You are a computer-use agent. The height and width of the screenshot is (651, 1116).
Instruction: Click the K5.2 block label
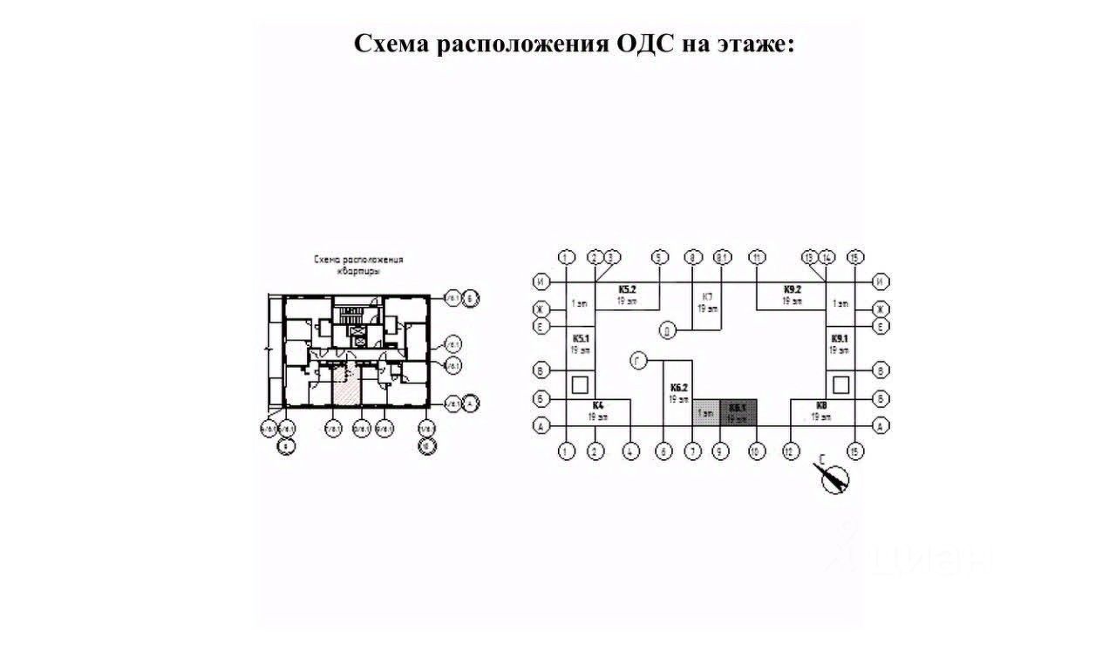pos(628,288)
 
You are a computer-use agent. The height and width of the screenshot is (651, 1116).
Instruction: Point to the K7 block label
pos(707,296)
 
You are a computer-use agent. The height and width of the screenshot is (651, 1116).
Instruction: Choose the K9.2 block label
pos(792,288)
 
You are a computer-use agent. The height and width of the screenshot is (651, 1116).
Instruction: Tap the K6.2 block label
pos(679,387)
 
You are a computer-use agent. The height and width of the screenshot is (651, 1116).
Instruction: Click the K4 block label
pos(597,405)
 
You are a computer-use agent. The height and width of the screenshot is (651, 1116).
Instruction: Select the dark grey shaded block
pos(738,412)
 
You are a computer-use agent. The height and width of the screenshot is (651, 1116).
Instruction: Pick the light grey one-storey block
pos(706,412)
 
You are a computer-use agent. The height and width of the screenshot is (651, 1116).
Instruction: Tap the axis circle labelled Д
pos(667,330)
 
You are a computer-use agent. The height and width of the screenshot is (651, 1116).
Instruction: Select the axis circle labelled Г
pos(638,359)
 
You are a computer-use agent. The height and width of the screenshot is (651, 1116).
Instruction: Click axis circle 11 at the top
pos(757,257)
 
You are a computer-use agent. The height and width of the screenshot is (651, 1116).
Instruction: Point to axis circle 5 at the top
pos(659,257)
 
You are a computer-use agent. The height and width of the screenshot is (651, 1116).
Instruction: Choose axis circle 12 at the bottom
pos(790,451)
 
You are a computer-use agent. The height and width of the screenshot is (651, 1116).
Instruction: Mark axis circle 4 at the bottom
pos(629,451)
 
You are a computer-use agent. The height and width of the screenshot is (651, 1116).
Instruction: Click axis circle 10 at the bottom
pos(756,451)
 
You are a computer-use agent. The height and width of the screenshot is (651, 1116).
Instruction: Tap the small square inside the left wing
pos(580,384)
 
